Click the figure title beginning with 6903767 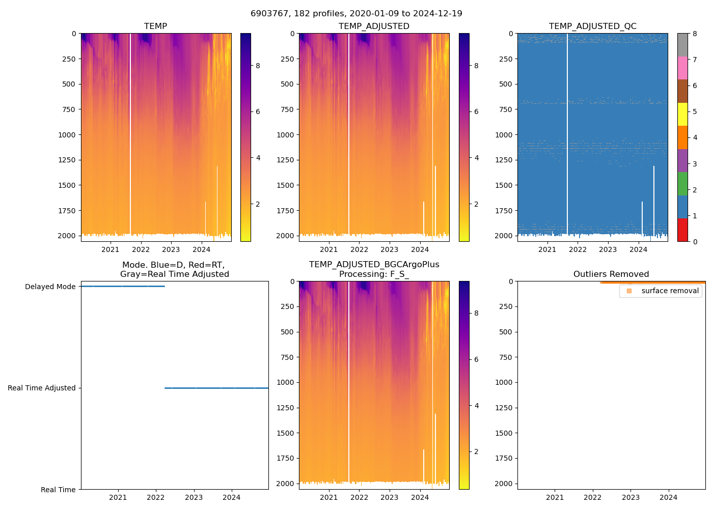[356, 14]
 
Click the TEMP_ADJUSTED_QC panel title [592, 26]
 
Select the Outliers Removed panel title [611, 274]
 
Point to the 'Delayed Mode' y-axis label [50, 287]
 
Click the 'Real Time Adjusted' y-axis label [42, 388]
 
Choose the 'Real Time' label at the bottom [58, 490]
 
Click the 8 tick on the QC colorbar [695, 34]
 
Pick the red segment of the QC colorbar [682, 230]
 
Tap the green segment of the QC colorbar [682, 184]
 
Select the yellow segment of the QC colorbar [682, 114]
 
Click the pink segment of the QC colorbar [682, 68]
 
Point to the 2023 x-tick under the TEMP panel [171, 249]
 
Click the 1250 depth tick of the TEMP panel [67, 160]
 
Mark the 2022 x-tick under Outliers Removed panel [593, 497]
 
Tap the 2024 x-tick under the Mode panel [232, 497]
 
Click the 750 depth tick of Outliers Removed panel [506, 357]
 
